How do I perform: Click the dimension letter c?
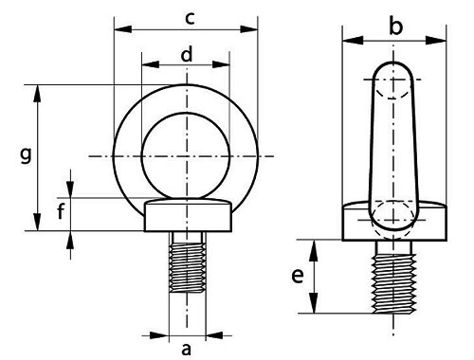(x=190, y=18)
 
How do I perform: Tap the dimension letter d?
(x=187, y=55)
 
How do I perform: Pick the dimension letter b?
(x=396, y=27)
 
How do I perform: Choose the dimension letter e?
(x=298, y=276)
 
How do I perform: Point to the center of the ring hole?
(x=186, y=153)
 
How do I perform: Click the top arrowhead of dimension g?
(x=39, y=88)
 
